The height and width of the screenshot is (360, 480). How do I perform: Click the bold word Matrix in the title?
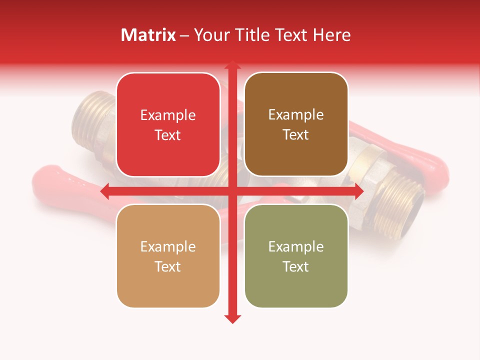pyautogui.click(x=148, y=35)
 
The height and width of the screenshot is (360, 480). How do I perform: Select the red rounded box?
pyautogui.click(x=168, y=124)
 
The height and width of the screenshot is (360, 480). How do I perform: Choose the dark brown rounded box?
pyautogui.click(x=296, y=124)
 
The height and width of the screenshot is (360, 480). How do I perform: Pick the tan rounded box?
pyautogui.click(x=168, y=256)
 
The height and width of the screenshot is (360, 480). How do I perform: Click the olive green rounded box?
pyautogui.click(x=296, y=256)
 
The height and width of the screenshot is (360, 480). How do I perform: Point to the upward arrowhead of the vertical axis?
pyautogui.click(x=232, y=65)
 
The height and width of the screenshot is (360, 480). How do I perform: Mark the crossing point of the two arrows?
pyautogui.click(x=232, y=191)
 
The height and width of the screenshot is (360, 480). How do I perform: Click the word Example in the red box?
pyautogui.click(x=168, y=115)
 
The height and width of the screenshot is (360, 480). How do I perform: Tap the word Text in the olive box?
pyautogui.click(x=296, y=266)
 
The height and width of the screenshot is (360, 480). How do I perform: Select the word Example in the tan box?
pyautogui.click(x=168, y=246)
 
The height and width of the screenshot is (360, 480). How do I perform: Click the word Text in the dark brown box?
pyautogui.click(x=296, y=134)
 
